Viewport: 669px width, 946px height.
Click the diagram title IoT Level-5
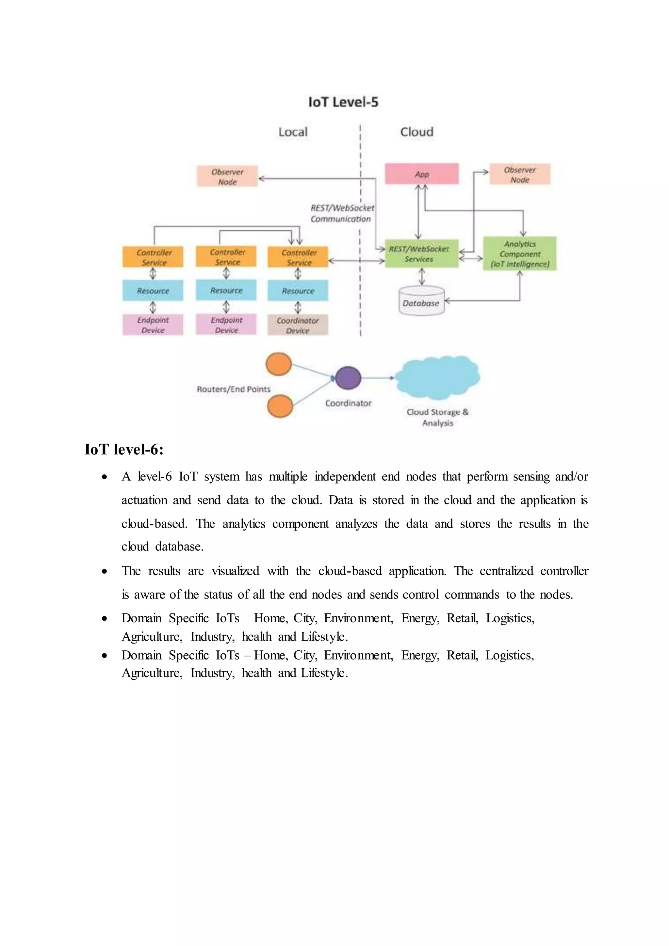click(343, 102)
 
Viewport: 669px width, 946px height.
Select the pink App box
click(422, 174)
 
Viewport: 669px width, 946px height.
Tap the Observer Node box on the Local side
click(227, 177)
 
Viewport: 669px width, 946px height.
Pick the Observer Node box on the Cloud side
click(520, 175)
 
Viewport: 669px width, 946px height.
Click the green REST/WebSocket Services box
click(421, 254)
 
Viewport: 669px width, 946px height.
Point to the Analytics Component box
click(520, 254)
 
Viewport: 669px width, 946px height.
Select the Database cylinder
click(421, 302)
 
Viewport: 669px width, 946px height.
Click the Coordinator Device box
click(298, 325)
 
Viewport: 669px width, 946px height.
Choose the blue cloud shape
click(437, 377)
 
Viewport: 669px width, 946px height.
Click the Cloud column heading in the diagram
click(416, 132)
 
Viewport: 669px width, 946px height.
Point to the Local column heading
click(293, 132)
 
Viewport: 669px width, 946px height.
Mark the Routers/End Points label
click(234, 389)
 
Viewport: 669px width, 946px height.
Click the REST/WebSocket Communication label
click(342, 213)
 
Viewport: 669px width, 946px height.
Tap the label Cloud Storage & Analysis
click(437, 417)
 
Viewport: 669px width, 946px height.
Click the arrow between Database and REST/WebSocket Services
click(421, 276)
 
